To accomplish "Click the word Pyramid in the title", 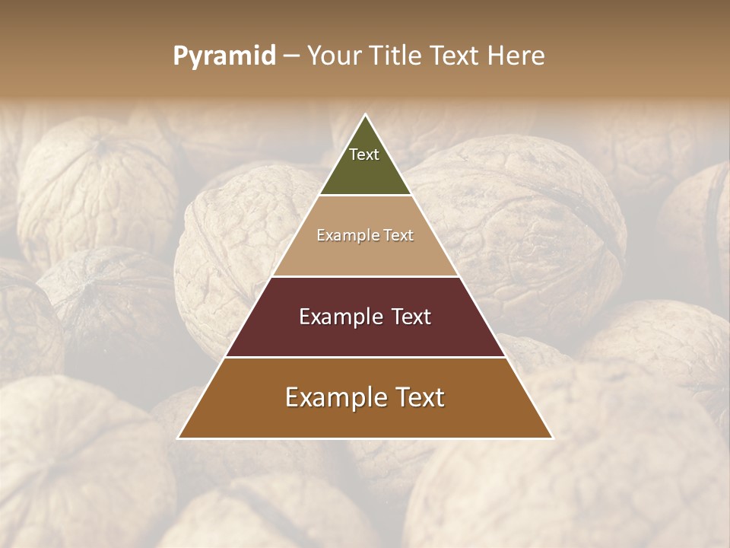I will coord(224,56).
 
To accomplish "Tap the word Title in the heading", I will coord(395,56).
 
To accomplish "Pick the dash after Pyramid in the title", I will coord(290,56).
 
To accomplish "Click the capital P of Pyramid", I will coord(180,56).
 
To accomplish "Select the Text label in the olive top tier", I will coord(364,155).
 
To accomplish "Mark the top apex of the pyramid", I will coord(366,114).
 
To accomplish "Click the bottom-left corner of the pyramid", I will coord(179,438).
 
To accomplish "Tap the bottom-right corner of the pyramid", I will coord(552,438).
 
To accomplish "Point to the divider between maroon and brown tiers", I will coord(365,357).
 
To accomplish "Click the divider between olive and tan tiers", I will coord(365,195).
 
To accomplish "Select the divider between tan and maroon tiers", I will coord(365,276).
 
